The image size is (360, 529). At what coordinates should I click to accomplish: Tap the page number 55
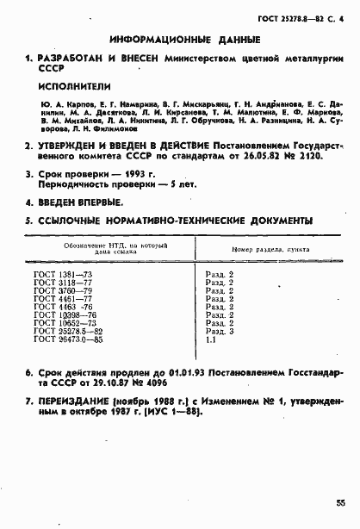pyautogui.click(x=341, y=501)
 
